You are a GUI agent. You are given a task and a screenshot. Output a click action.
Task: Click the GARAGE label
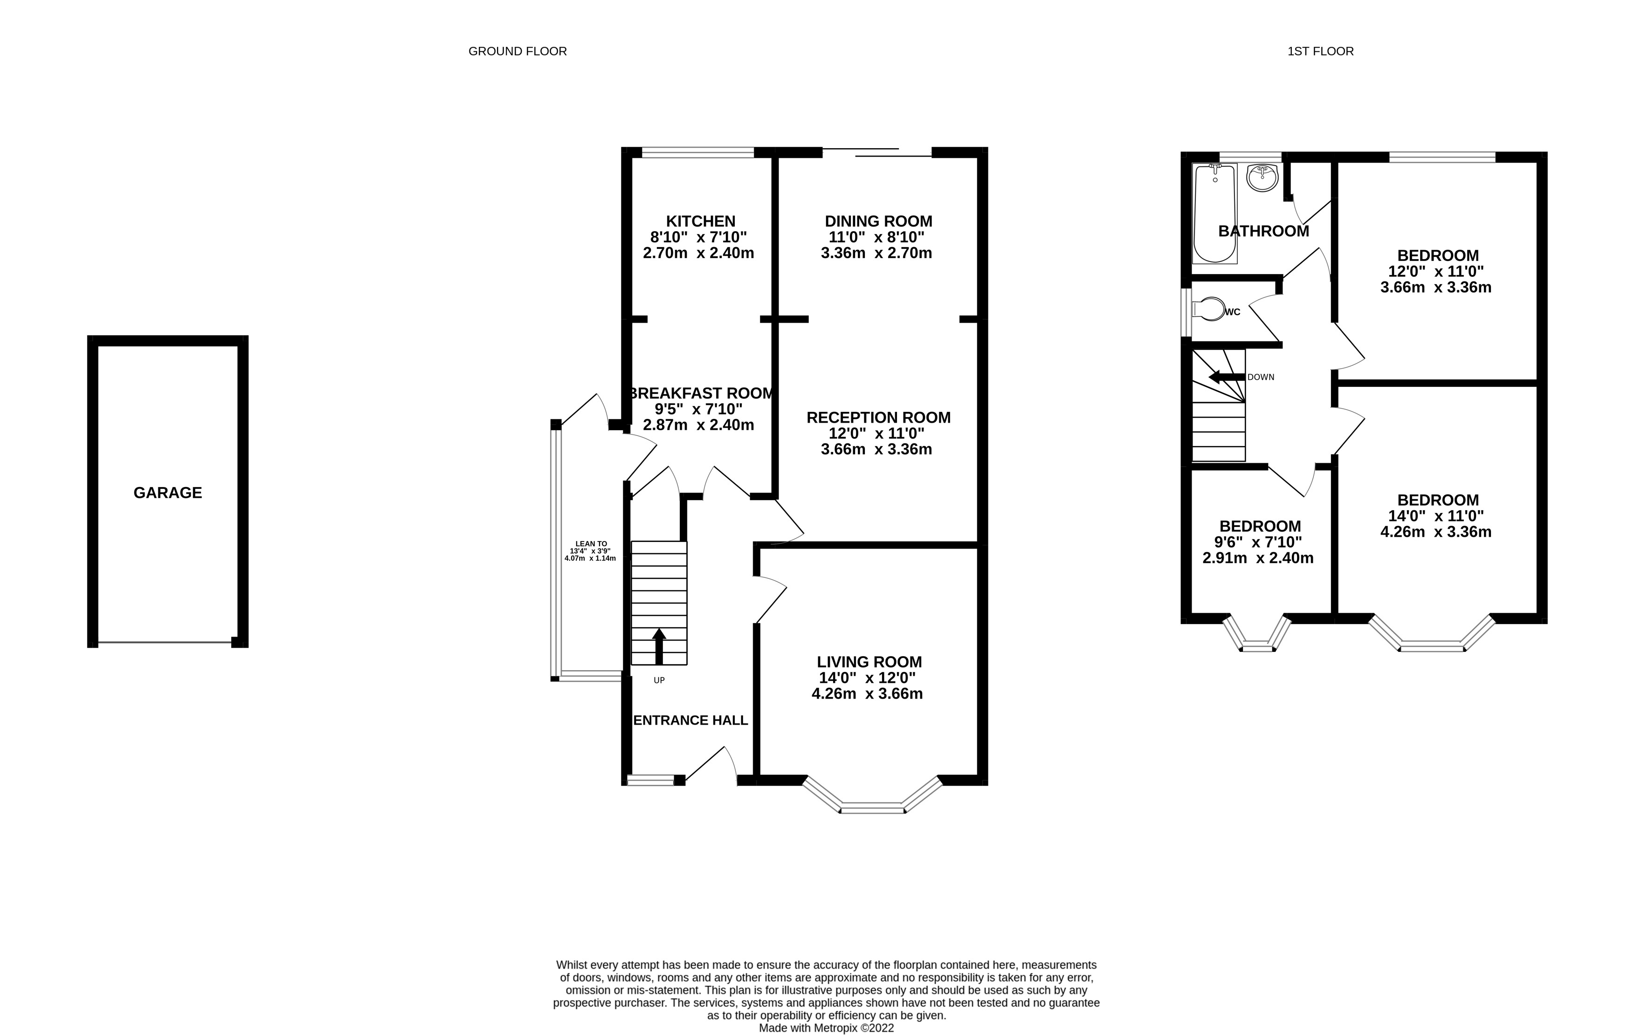pyautogui.click(x=168, y=493)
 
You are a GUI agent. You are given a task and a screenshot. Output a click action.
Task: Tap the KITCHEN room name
pyautogui.click(x=700, y=221)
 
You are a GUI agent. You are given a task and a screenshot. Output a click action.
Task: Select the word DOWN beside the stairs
pyautogui.click(x=1261, y=377)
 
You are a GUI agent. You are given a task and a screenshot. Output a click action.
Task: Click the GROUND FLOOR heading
pyautogui.click(x=517, y=52)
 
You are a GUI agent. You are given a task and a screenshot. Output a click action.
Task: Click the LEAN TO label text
pyautogui.click(x=591, y=544)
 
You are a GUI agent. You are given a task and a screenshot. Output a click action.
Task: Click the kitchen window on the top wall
pyautogui.click(x=698, y=153)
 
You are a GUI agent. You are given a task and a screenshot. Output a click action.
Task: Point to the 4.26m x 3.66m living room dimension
pyautogui.click(x=867, y=693)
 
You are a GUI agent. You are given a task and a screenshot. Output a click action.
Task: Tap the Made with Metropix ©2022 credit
pyautogui.click(x=826, y=1028)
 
